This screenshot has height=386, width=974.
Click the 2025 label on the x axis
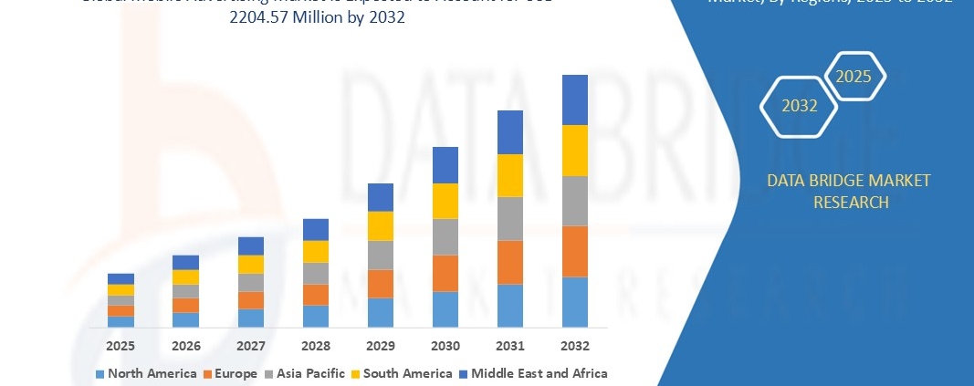click(x=120, y=346)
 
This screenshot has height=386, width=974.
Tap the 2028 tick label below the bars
click(x=316, y=346)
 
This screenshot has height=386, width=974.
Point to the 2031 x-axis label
click(x=509, y=346)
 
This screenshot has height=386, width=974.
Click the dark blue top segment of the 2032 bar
click(x=574, y=99)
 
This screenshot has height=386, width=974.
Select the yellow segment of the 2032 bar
click(x=574, y=151)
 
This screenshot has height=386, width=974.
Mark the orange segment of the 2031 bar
click(x=509, y=262)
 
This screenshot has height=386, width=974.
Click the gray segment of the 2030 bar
click(x=445, y=236)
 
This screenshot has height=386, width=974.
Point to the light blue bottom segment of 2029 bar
click(x=380, y=312)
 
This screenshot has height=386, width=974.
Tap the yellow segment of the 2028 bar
click(x=316, y=251)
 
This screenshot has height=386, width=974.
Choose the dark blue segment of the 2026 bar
click(x=185, y=262)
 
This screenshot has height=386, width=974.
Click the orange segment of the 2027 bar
click(x=250, y=299)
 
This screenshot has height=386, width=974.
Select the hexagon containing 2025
click(x=854, y=77)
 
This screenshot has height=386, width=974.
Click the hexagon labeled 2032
click(x=800, y=106)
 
